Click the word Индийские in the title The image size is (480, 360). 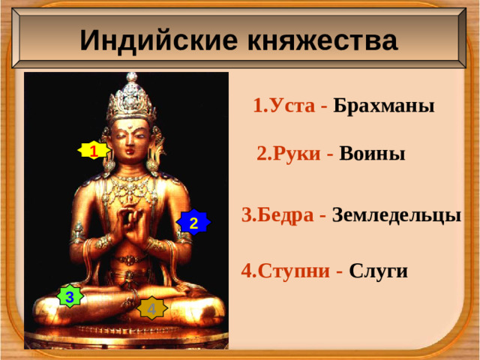click(151, 40)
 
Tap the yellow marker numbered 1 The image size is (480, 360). click(93, 151)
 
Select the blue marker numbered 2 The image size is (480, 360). click(193, 223)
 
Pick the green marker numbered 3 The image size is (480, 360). click(70, 297)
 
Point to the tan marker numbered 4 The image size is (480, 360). click(151, 308)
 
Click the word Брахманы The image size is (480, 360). click(384, 105)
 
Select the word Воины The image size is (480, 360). click(372, 154)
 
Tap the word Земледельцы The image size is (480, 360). click(396, 215)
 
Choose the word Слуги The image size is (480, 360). click(379, 271)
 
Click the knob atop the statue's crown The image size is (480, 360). click(132, 76)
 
